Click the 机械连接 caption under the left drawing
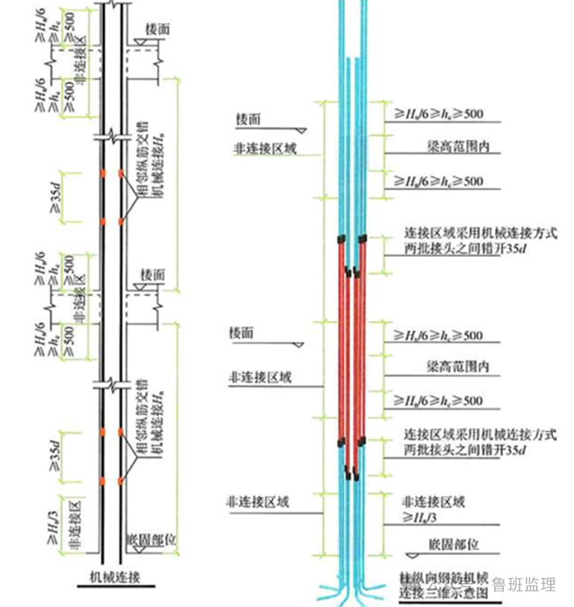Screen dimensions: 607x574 115,575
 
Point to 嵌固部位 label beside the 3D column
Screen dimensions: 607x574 453,544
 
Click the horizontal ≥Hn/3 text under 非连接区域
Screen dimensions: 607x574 423,516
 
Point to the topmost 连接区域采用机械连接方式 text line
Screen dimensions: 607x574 480,233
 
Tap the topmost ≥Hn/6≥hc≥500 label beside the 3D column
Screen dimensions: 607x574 438,114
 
